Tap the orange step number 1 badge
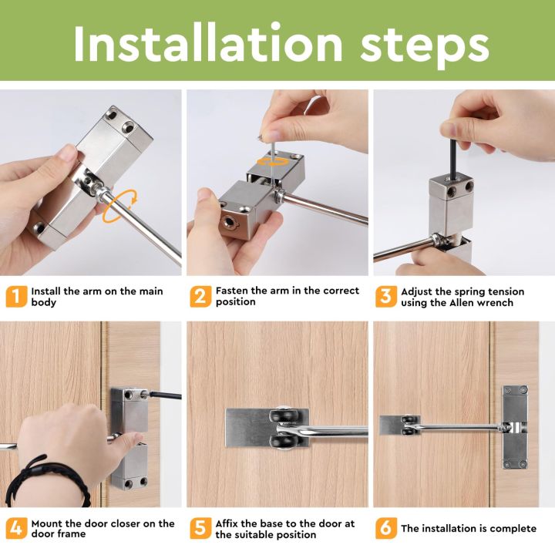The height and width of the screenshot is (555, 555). (15, 297)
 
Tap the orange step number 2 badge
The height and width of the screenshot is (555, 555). (200, 297)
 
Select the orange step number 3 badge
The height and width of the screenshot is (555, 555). (385, 297)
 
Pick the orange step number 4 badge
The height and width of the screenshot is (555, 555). (15, 529)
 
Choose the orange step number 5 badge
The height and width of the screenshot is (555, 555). (200, 529)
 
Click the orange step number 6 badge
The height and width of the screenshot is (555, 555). (385, 529)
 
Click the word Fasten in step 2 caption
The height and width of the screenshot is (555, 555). (233, 291)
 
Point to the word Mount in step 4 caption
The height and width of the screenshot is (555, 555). (48, 523)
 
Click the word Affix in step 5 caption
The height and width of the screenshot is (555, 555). (230, 523)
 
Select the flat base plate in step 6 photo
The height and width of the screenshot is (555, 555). (394, 425)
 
